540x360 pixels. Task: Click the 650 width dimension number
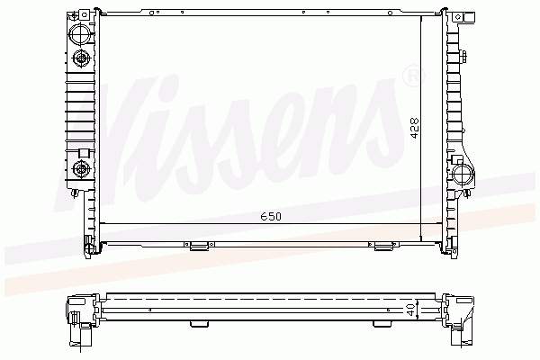[271, 216]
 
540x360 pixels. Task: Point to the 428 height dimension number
[415, 129]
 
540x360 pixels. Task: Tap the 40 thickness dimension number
[411, 310]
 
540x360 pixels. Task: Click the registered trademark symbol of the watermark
[413, 75]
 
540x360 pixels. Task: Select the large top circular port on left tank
[79, 34]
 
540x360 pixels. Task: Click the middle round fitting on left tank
[82, 58]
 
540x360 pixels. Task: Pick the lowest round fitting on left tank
[82, 169]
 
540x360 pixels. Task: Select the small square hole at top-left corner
[85, 14]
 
